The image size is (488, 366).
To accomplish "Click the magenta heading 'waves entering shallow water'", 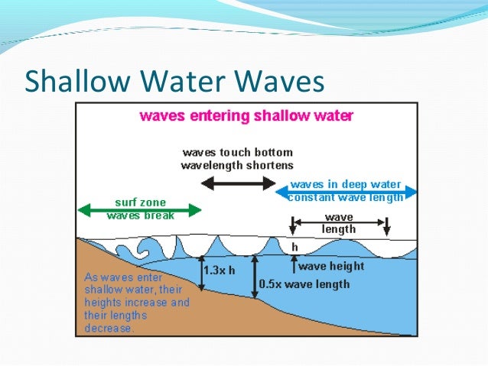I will (x=246, y=116).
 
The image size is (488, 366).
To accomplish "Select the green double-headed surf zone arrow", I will (x=140, y=208).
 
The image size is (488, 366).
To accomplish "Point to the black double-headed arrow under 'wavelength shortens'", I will (x=237, y=183).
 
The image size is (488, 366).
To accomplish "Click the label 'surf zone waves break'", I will (x=141, y=209).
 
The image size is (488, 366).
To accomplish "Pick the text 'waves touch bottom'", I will (x=237, y=152).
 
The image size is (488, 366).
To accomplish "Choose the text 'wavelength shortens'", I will (x=237, y=164).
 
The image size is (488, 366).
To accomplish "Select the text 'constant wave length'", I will (x=345, y=198).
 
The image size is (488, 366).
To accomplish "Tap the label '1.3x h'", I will (x=222, y=270).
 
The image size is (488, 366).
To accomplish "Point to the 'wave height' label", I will (x=330, y=267).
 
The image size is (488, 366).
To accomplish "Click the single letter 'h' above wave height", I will (x=294, y=248).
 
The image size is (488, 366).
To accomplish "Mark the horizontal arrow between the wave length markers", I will (x=339, y=222).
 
